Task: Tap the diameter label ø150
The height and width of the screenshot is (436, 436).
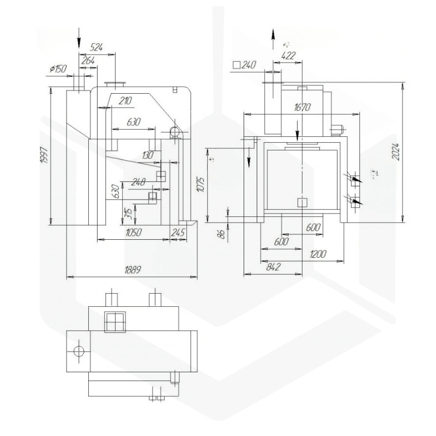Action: pos(58,69)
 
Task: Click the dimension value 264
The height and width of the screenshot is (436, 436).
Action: pos(88,61)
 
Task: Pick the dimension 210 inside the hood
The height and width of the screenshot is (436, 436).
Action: pos(125,100)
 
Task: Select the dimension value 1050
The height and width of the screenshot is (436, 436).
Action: pos(132,232)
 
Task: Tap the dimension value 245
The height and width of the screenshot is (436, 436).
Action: pos(178,232)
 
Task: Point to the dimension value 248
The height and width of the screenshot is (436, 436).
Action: pos(140,183)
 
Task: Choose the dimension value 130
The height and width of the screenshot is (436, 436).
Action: pos(147,156)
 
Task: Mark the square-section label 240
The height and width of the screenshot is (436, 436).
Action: pos(244,65)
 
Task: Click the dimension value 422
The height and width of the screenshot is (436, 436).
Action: pos(289,55)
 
